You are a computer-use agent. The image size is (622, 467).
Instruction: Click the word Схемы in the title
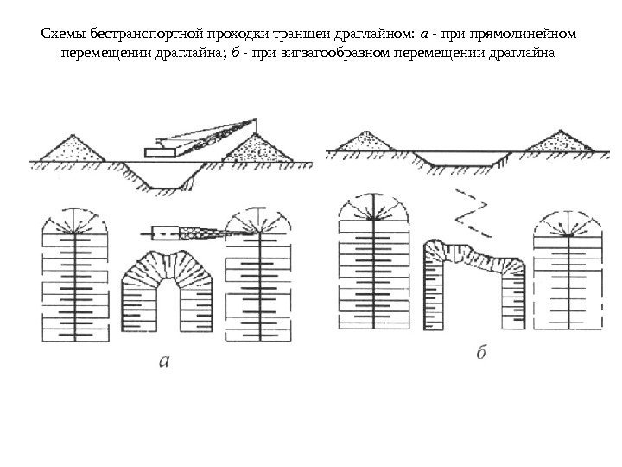[x=61, y=35]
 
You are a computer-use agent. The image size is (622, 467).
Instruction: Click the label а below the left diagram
[x=171, y=362]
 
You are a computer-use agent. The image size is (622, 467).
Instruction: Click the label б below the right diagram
[x=481, y=354]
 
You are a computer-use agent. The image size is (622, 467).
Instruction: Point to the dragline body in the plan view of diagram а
[x=163, y=232]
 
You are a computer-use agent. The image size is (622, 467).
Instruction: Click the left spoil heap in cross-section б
[x=365, y=141]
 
